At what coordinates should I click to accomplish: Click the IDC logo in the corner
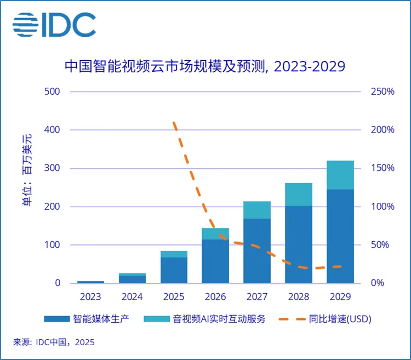point(54,25)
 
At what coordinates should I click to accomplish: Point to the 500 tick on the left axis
point(52,92)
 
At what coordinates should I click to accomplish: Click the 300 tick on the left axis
point(52,168)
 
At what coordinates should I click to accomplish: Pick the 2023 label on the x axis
point(90,297)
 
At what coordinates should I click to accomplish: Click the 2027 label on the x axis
point(257,297)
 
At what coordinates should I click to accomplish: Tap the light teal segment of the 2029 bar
point(340,175)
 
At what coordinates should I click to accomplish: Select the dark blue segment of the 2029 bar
point(340,236)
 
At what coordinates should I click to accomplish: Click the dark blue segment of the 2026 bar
point(215,261)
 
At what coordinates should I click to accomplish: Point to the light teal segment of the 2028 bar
point(299,194)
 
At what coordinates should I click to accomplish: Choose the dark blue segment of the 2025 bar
point(174,270)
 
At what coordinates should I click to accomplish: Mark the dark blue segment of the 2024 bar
point(132,279)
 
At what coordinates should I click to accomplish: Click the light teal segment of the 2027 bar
point(257,210)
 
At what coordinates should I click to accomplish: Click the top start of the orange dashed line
point(174,123)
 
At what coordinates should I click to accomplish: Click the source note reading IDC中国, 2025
point(54,342)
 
